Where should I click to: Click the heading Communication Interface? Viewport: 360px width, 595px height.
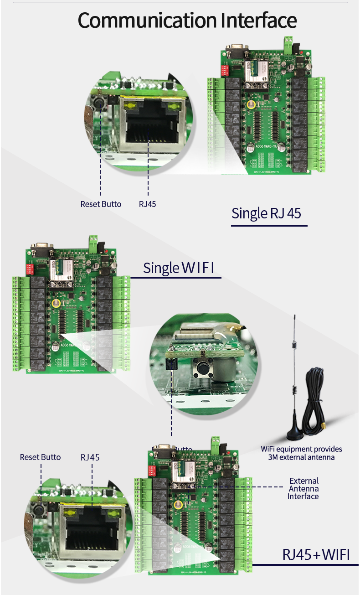click(x=187, y=21)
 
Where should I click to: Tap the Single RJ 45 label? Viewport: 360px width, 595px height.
click(x=267, y=213)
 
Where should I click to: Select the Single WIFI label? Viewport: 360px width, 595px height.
click(x=178, y=268)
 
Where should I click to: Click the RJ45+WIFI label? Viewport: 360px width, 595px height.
click(x=316, y=554)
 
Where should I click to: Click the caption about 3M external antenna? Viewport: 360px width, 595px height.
click(x=301, y=453)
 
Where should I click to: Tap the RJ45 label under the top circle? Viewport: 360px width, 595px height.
click(x=147, y=204)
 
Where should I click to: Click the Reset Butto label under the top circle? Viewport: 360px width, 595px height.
click(x=101, y=204)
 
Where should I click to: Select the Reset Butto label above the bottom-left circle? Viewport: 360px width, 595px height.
click(x=40, y=457)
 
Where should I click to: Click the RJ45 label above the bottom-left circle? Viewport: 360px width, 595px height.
click(x=90, y=457)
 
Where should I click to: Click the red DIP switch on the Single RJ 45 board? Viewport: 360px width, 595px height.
click(x=224, y=70)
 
